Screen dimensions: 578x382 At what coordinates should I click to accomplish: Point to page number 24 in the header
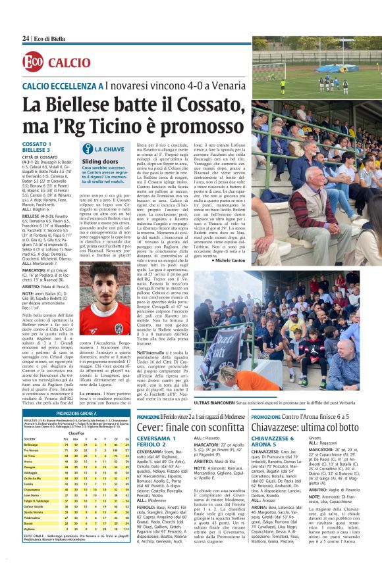coord(25,39)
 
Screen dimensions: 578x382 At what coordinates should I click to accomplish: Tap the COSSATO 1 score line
coord(37,144)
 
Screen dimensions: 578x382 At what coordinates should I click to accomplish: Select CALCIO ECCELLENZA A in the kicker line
coord(63,86)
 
